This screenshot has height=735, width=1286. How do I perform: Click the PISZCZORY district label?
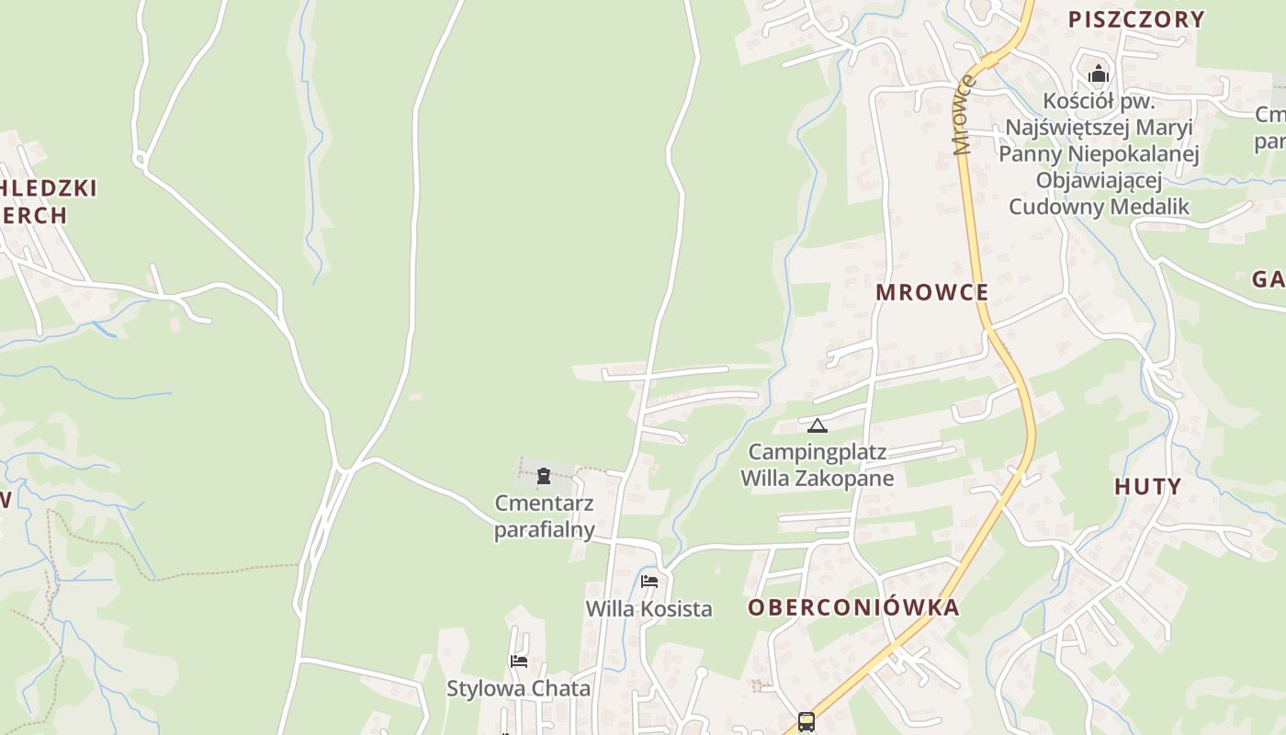[x=1135, y=19]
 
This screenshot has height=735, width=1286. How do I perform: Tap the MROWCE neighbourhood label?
[x=931, y=292]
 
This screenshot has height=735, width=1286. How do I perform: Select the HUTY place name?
[x=1147, y=486]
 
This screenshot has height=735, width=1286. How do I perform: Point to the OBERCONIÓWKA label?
[x=853, y=607]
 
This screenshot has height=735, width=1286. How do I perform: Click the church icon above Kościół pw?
[x=1099, y=73]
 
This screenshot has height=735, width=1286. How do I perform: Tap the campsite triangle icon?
[x=817, y=425]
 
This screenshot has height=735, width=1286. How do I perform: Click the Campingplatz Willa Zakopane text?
[x=817, y=465]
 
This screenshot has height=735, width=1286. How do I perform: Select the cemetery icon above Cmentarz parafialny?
[x=544, y=476]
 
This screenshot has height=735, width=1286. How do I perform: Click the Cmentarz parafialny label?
[x=544, y=516]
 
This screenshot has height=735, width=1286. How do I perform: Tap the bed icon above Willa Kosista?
[x=649, y=581]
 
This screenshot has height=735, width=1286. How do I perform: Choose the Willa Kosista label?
[x=649, y=608]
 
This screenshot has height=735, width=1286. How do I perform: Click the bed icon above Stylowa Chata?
[x=519, y=661]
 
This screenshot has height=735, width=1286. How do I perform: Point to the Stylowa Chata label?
[x=518, y=688]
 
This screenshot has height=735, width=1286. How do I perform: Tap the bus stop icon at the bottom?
[x=806, y=721]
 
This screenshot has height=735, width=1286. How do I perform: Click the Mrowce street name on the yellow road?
[x=963, y=115]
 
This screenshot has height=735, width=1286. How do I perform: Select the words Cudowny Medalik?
[x=1099, y=206]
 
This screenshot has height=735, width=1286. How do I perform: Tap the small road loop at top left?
[x=140, y=161]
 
